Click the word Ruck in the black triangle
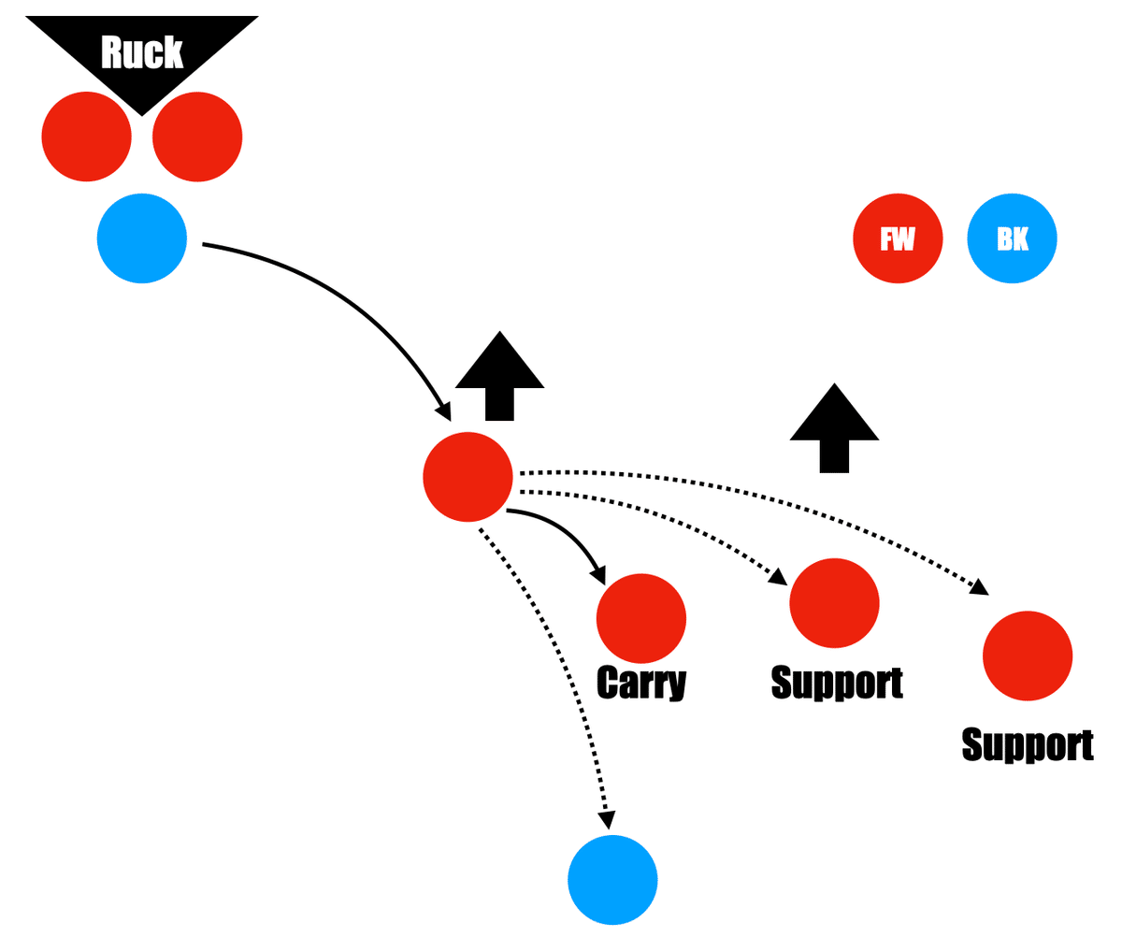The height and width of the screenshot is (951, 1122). [142, 53]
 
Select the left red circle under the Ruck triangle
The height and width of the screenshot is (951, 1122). [87, 137]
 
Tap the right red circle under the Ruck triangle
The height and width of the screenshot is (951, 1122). [197, 137]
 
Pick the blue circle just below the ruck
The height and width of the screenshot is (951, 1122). [142, 238]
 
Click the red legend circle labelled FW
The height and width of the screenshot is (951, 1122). [898, 238]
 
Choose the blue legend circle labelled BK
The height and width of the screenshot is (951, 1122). [1012, 238]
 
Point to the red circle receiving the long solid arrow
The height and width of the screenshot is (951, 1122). [467, 477]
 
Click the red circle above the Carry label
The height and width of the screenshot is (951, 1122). [641, 618]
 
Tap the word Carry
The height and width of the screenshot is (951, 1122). [641, 684]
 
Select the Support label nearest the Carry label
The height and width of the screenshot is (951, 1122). [837, 683]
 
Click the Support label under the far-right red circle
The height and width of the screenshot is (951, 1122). [1028, 745]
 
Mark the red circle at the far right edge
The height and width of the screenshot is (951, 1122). [1028, 656]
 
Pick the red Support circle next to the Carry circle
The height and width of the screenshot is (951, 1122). [834, 603]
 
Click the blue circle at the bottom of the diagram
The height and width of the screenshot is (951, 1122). [612, 880]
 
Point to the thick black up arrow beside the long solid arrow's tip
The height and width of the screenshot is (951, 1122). [500, 374]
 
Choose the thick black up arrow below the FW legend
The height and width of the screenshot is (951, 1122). [834, 426]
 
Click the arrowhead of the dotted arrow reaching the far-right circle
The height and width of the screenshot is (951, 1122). [979, 587]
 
